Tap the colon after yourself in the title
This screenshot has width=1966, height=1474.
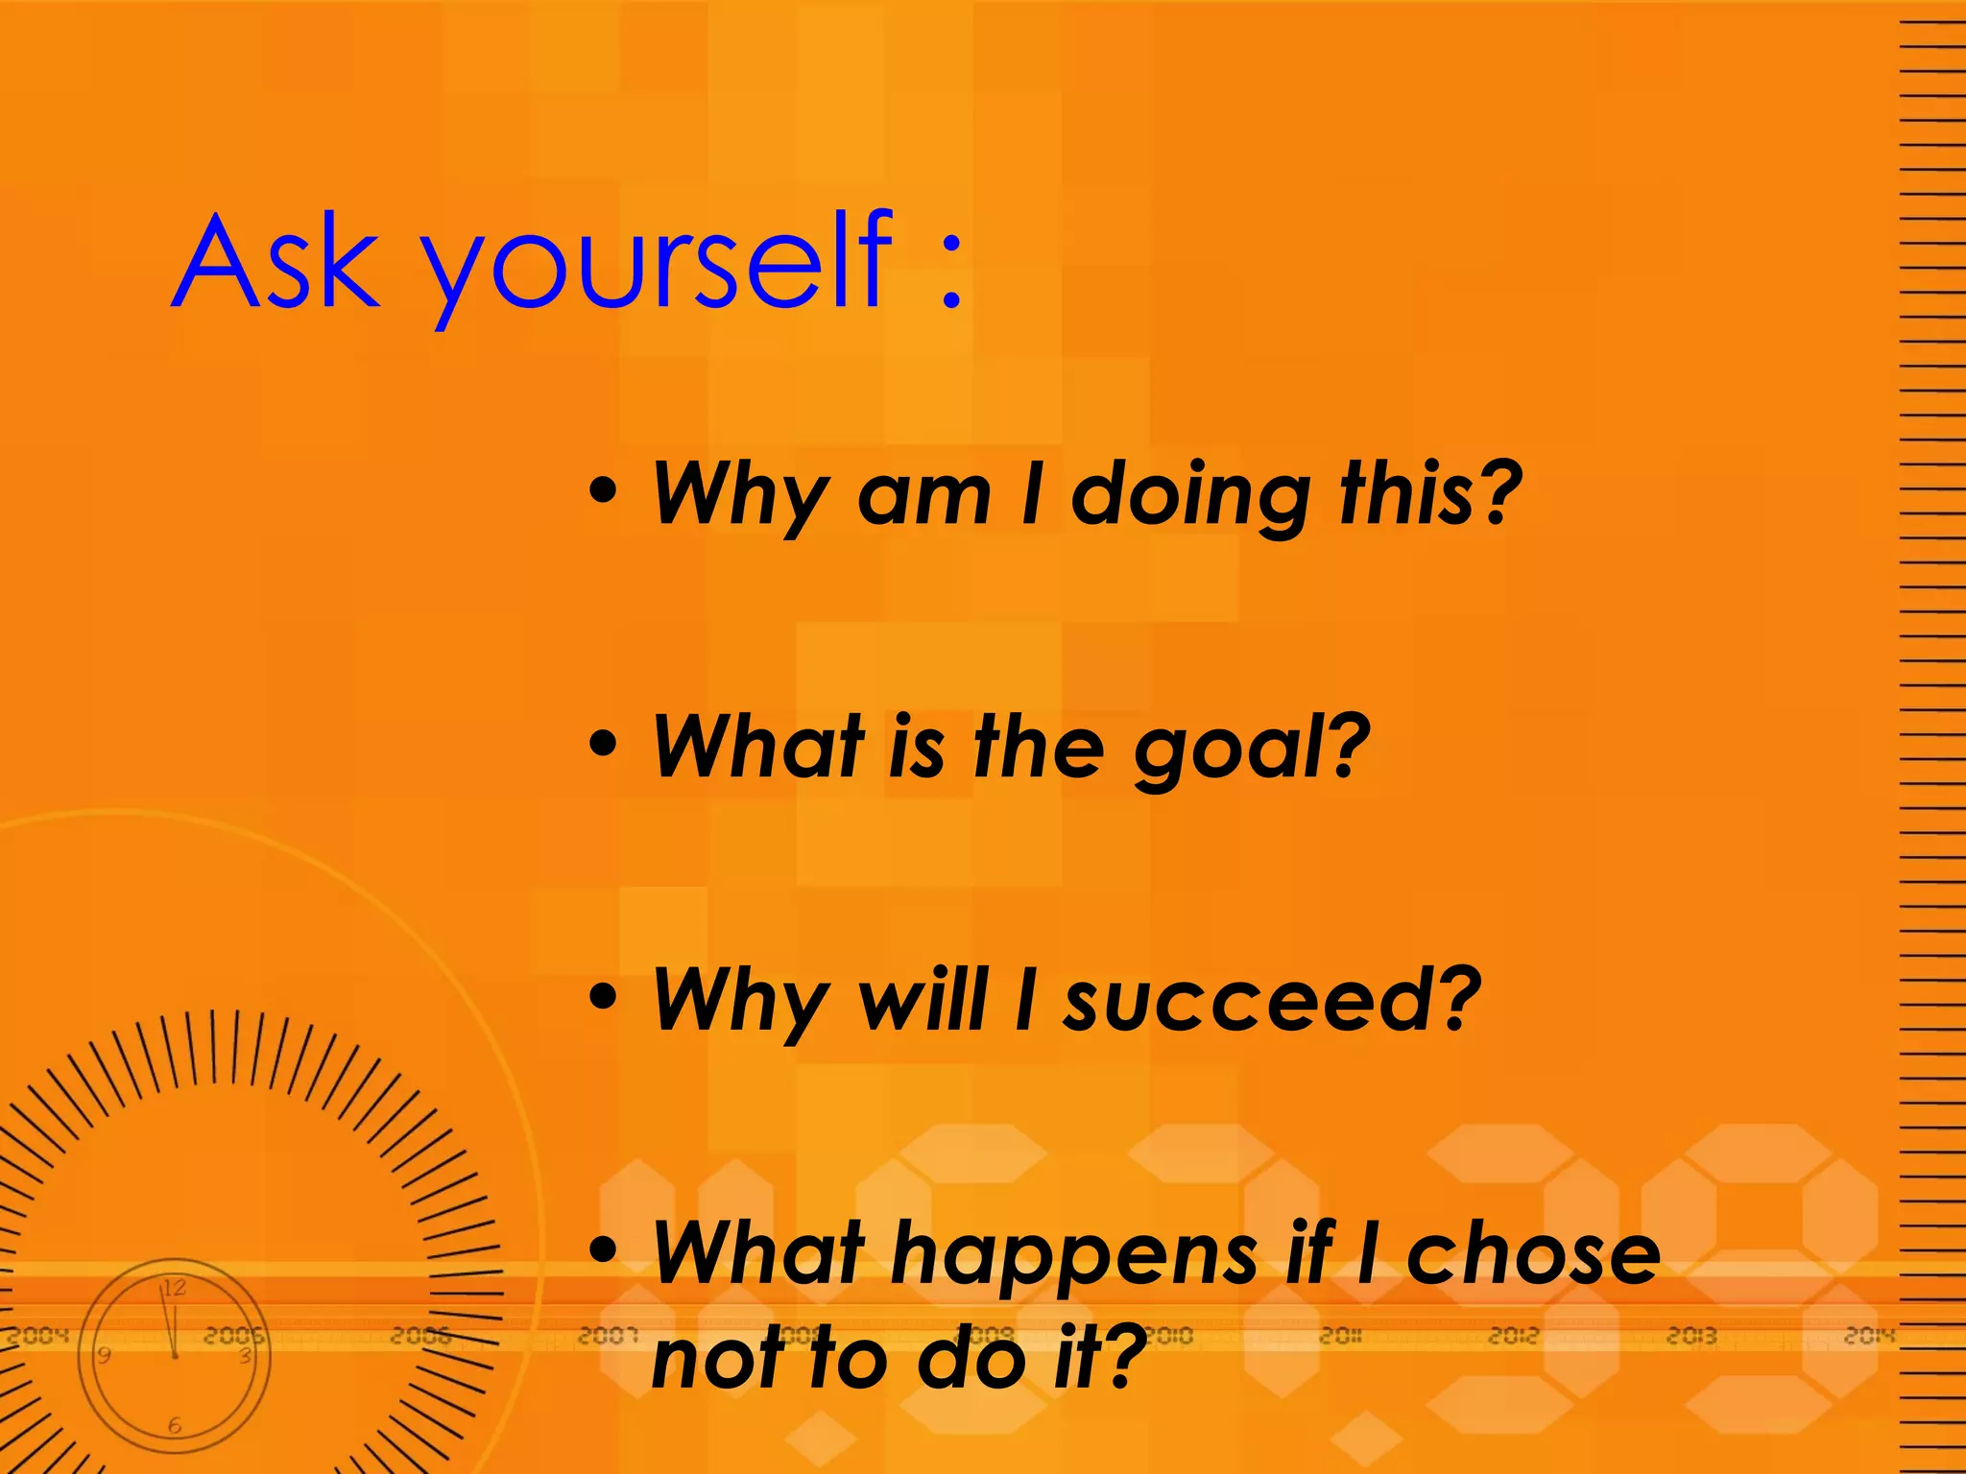(x=950, y=273)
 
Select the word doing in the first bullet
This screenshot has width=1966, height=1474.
(x=1190, y=496)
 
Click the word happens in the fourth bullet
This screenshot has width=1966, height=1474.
(x=1074, y=1257)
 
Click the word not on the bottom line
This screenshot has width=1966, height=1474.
(x=714, y=1358)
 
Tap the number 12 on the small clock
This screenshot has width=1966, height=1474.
(x=174, y=1288)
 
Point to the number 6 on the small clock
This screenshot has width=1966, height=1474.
(x=175, y=1426)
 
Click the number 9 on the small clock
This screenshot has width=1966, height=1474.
(x=104, y=1355)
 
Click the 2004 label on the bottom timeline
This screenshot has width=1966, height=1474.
(x=39, y=1335)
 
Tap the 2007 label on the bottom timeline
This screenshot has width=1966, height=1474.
(x=608, y=1335)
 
